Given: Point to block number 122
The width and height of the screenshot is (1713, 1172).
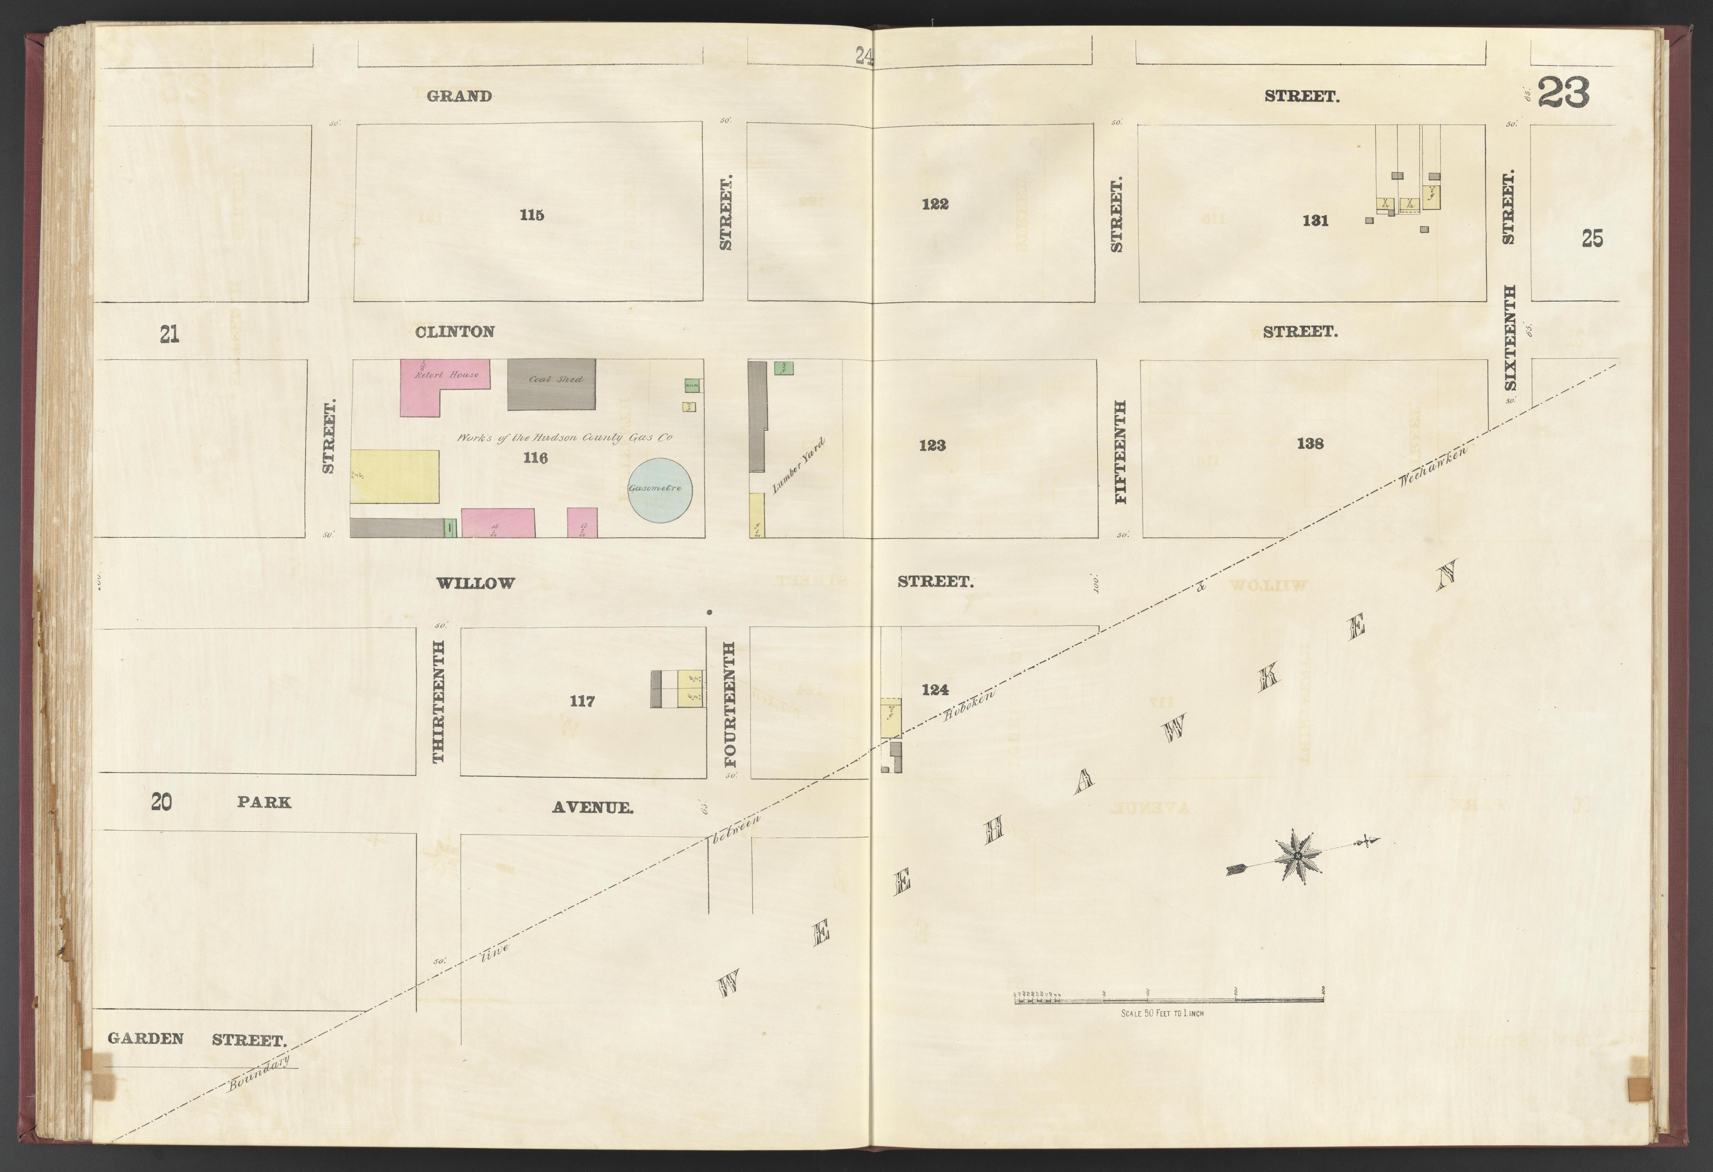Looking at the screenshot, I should coord(935,204).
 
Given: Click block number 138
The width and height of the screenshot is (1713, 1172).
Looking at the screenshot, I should coord(1310,443).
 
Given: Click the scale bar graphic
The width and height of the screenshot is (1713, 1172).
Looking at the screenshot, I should coord(1170,999).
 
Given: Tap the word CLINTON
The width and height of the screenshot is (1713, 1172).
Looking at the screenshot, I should coord(455,332).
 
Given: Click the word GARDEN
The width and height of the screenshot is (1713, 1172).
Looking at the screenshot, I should coord(145,1039).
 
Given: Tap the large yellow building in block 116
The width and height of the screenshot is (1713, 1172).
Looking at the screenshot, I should coord(394,476).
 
